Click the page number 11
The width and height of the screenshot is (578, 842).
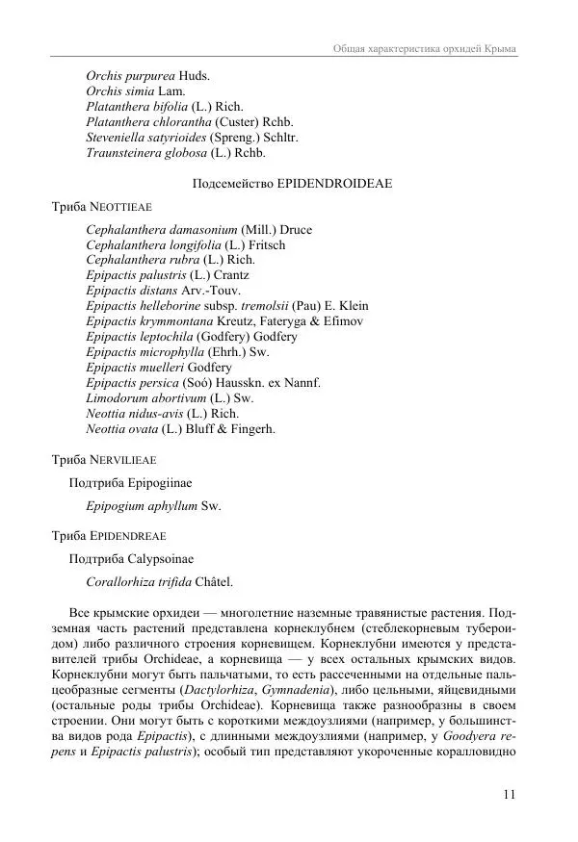coord(510,794)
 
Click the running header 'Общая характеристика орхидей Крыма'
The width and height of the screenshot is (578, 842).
coord(424,48)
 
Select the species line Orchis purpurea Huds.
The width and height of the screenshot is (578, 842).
coord(147,75)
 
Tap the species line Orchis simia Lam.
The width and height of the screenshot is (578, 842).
coord(135,90)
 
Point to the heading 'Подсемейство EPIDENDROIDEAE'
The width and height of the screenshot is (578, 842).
coord(288,183)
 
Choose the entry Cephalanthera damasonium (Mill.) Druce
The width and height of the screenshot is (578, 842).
coord(198,230)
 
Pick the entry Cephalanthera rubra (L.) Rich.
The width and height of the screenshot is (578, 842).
coord(170,261)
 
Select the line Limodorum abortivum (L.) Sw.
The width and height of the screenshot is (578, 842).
coord(170,398)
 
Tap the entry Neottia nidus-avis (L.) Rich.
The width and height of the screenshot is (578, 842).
coord(162,414)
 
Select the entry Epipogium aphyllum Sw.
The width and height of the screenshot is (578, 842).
coord(153,506)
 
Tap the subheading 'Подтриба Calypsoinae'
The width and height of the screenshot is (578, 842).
coord(131,558)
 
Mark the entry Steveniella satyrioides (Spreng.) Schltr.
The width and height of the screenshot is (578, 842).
coord(192,137)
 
